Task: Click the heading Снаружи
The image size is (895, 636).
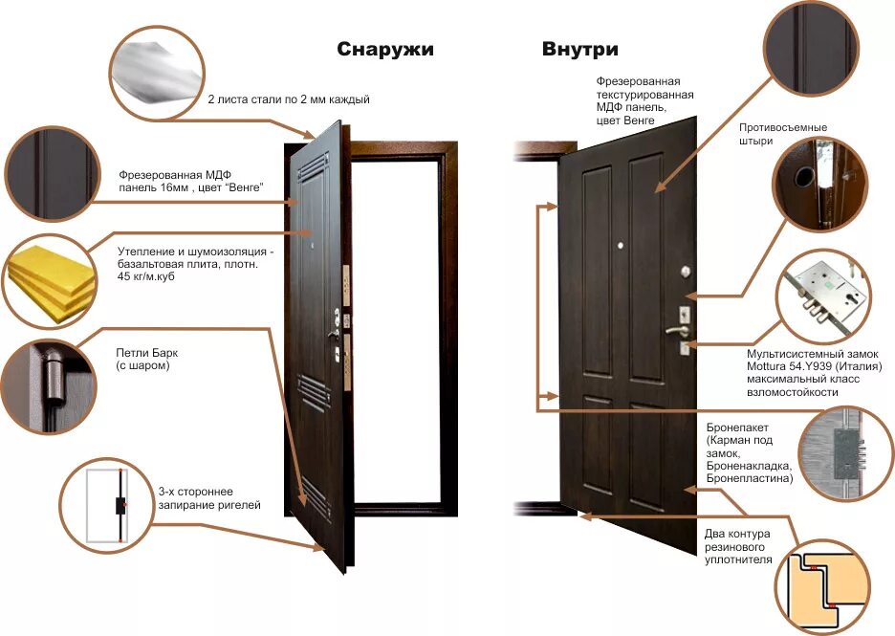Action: coord(384,50)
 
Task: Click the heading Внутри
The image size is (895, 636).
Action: coord(579,50)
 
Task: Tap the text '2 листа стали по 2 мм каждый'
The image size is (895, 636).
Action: coord(288,99)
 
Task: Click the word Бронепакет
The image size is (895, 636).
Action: coord(737,428)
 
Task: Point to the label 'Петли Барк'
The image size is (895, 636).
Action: coord(146,353)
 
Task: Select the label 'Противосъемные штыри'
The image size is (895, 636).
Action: coord(782,134)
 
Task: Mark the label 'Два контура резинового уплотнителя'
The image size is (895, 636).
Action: coord(738,546)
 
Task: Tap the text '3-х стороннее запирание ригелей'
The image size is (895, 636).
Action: coord(208,497)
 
